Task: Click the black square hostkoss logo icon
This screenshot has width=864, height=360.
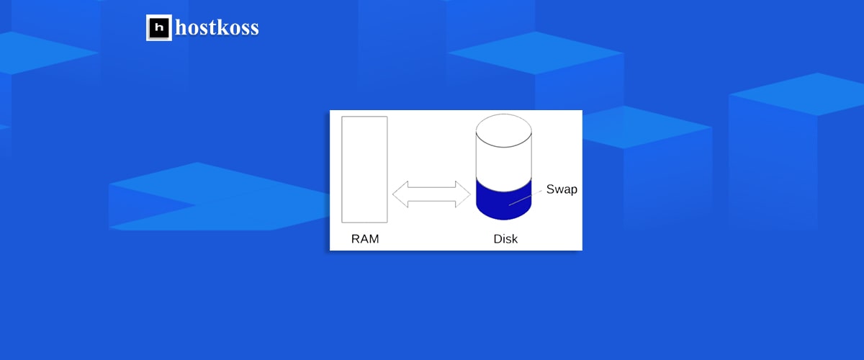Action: (x=159, y=28)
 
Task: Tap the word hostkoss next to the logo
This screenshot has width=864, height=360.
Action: (x=217, y=28)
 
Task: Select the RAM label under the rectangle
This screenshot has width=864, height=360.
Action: (x=365, y=238)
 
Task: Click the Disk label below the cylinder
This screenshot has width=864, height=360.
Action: (x=505, y=238)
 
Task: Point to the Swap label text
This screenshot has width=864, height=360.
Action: (x=562, y=189)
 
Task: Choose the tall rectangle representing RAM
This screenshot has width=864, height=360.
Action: (x=364, y=169)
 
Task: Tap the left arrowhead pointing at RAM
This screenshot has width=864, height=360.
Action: (x=401, y=194)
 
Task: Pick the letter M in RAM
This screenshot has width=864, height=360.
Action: (x=374, y=238)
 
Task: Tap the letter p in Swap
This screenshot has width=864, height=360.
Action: (x=573, y=191)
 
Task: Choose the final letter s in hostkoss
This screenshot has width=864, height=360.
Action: (x=254, y=30)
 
